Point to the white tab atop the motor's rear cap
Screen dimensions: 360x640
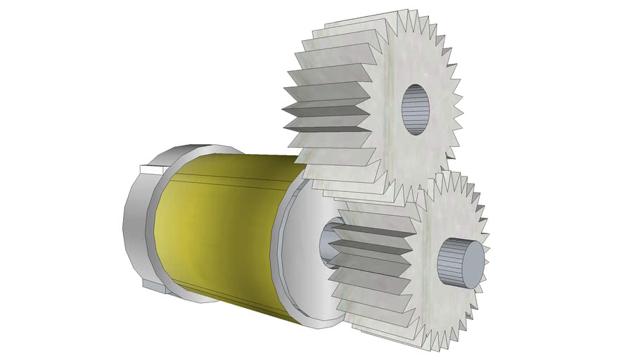pos(152,169)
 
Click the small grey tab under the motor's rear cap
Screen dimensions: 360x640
pos(153,287)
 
